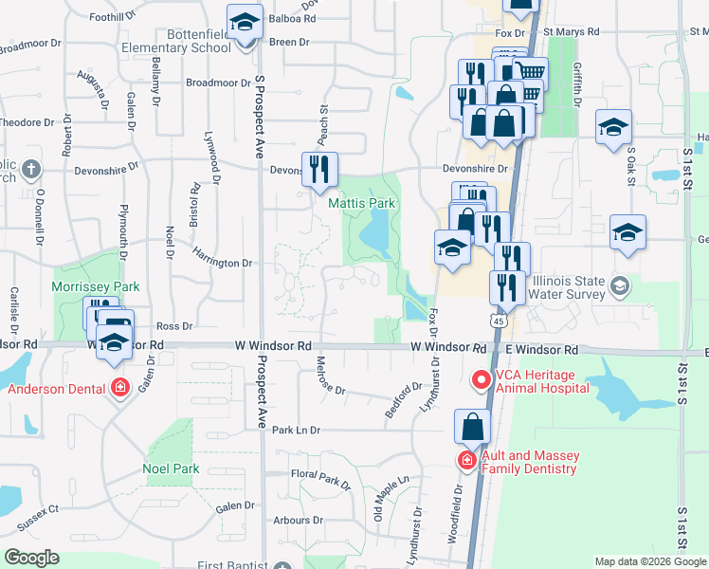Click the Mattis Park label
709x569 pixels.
tap(361, 203)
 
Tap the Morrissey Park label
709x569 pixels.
tap(96, 286)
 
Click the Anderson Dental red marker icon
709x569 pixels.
tap(119, 389)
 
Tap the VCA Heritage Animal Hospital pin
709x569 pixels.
tap(481, 380)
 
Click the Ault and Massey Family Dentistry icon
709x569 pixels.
tap(467, 462)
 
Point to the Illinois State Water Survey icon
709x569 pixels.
tap(620, 285)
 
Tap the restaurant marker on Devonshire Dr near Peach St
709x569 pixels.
tap(319, 170)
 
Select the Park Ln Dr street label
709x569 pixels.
tap(297, 431)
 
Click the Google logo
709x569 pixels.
tap(32, 558)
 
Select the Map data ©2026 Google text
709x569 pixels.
tap(650, 561)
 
